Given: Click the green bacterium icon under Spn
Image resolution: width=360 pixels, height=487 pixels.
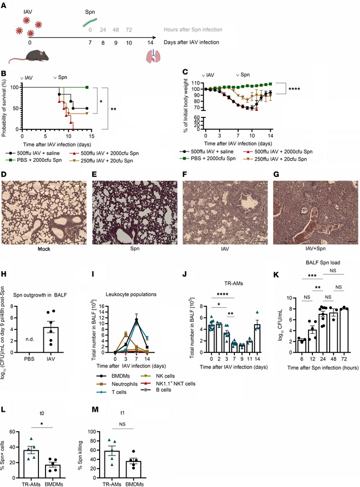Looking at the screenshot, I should [90, 22].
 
